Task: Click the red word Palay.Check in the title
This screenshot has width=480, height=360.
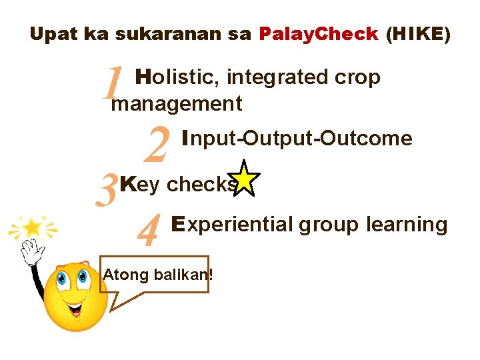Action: click(318, 35)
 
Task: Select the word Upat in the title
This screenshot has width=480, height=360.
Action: click(53, 35)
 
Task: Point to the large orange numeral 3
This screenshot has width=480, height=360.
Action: click(109, 189)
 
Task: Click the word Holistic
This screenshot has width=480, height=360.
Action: click(174, 78)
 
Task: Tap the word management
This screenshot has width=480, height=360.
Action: click(177, 104)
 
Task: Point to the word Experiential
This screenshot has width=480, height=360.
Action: click(231, 225)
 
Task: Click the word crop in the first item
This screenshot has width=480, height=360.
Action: click(357, 78)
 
